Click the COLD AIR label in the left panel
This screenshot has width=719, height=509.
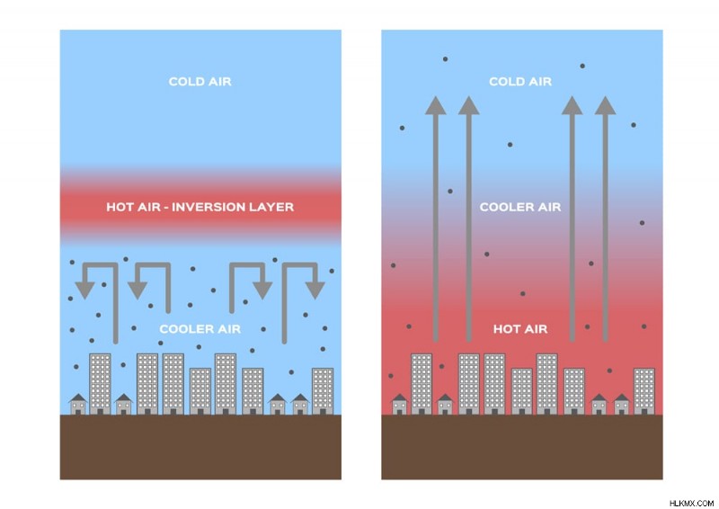coord(200,82)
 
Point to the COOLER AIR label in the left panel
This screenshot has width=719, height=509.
coord(200,329)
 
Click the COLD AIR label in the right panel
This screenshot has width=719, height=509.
coord(520,82)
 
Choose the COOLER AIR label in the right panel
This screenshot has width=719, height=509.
coord(520,207)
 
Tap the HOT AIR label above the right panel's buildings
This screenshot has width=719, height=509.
coord(520,329)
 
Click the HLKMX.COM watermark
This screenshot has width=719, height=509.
coord(691,504)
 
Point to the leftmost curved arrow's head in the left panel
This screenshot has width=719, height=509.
coord(84,290)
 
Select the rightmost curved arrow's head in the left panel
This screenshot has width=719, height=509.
coord(315,290)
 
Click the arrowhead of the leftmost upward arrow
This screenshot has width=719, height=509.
coord(436,105)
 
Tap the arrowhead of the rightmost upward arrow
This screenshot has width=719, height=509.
coord(605,105)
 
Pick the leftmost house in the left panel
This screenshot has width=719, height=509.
coord(78,404)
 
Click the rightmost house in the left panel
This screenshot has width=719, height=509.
coord(300,404)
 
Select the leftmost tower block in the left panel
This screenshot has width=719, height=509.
coord(100,384)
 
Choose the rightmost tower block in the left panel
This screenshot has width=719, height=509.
coord(323,391)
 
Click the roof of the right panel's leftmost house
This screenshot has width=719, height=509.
coord(399,397)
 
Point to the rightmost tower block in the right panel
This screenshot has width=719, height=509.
coord(644,391)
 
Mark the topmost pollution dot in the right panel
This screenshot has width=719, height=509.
coord(445,59)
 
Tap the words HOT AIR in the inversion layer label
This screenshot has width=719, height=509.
coord(133,207)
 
